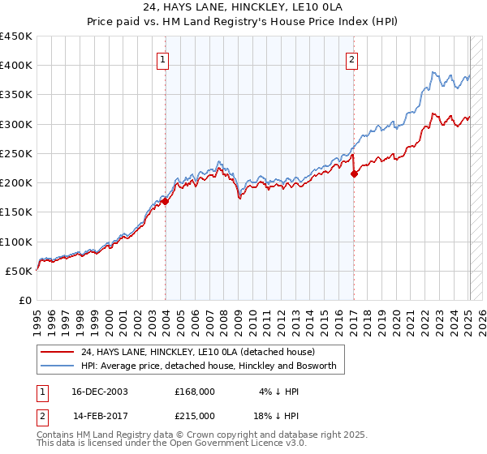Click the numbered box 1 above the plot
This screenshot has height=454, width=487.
pyautogui.click(x=163, y=59)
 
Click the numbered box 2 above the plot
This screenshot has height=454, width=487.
pyautogui.click(x=351, y=59)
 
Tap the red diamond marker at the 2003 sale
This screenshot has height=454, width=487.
pyautogui.click(x=165, y=202)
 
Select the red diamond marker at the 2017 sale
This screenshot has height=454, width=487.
pyautogui.click(x=354, y=173)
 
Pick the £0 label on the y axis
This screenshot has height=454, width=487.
pyautogui.click(x=26, y=300)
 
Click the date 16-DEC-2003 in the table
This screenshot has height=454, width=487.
pyautogui.click(x=101, y=392)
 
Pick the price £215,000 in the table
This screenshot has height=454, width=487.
pyautogui.click(x=195, y=416)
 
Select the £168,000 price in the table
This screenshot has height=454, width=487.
pyautogui.click(x=195, y=392)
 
